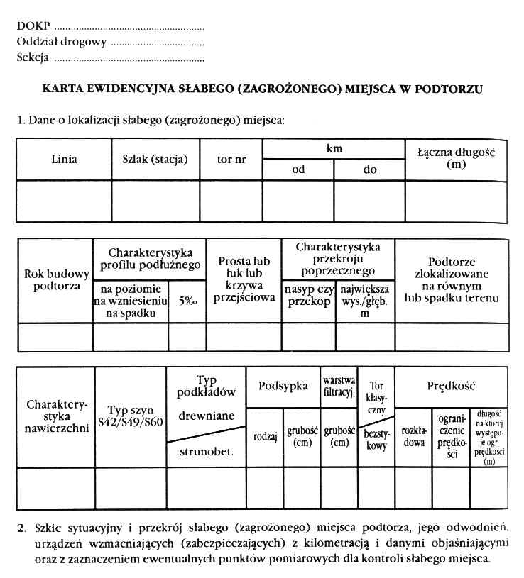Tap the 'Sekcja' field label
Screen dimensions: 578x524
coord(33,57)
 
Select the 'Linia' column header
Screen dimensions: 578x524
coord(64,159)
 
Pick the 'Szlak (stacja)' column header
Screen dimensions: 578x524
coord(151,159)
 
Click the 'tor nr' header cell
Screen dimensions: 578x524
coord(231,159)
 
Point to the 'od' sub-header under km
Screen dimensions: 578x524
coord(298,169)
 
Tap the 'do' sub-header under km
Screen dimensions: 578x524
coord(371,169)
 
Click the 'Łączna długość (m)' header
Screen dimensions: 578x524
coord(456,158)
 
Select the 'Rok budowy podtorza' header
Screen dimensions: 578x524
coord(56,280)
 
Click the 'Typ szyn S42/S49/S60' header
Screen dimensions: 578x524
coord(130,415)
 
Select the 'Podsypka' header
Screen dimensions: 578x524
coord(283,386)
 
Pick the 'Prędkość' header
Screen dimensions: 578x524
coord(451,386)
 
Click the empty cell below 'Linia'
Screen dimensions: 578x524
coord(64,201)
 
